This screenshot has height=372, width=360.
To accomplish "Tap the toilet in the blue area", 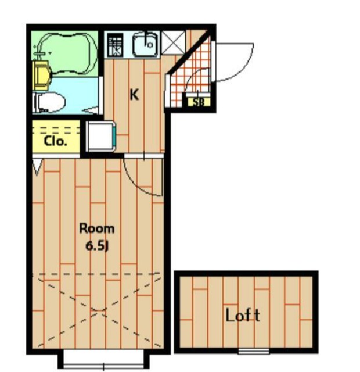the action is (x=49, y=102).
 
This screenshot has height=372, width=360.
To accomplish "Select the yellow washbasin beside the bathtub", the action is (x=42, y=75).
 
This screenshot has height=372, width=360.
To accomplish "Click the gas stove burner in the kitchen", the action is (x=116, y=45).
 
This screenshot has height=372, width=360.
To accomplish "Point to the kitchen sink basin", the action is (x=145, y=44).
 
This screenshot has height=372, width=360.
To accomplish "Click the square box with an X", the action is (x=173, y=42).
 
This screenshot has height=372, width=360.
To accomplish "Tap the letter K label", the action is (x=134, y=95).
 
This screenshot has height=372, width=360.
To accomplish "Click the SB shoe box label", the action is (x=199, y=102).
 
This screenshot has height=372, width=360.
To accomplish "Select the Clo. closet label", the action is (x=55, y=141).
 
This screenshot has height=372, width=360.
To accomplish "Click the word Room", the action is (x=97, y=228).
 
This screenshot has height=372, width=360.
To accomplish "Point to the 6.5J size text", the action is (x=97, y=246).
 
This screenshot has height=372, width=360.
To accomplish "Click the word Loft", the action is (x=243, y=315).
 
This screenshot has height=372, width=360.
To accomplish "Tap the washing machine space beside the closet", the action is (x=100, y=136).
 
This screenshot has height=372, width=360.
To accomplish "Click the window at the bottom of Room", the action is (x=103, y=360).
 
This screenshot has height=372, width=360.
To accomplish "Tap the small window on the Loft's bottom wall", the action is (x=254, y=351).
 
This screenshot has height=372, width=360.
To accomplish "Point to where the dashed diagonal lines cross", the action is (x=99, y=310).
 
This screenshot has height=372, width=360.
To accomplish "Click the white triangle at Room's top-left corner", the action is (x=37, y=167).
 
